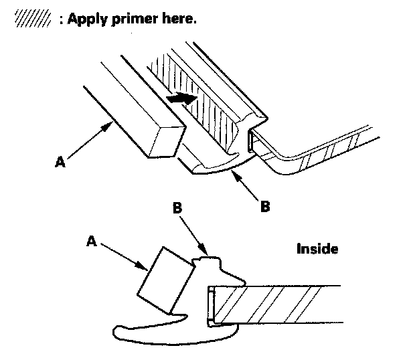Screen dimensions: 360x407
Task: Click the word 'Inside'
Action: pyautogui.click(x=317, y=249)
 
